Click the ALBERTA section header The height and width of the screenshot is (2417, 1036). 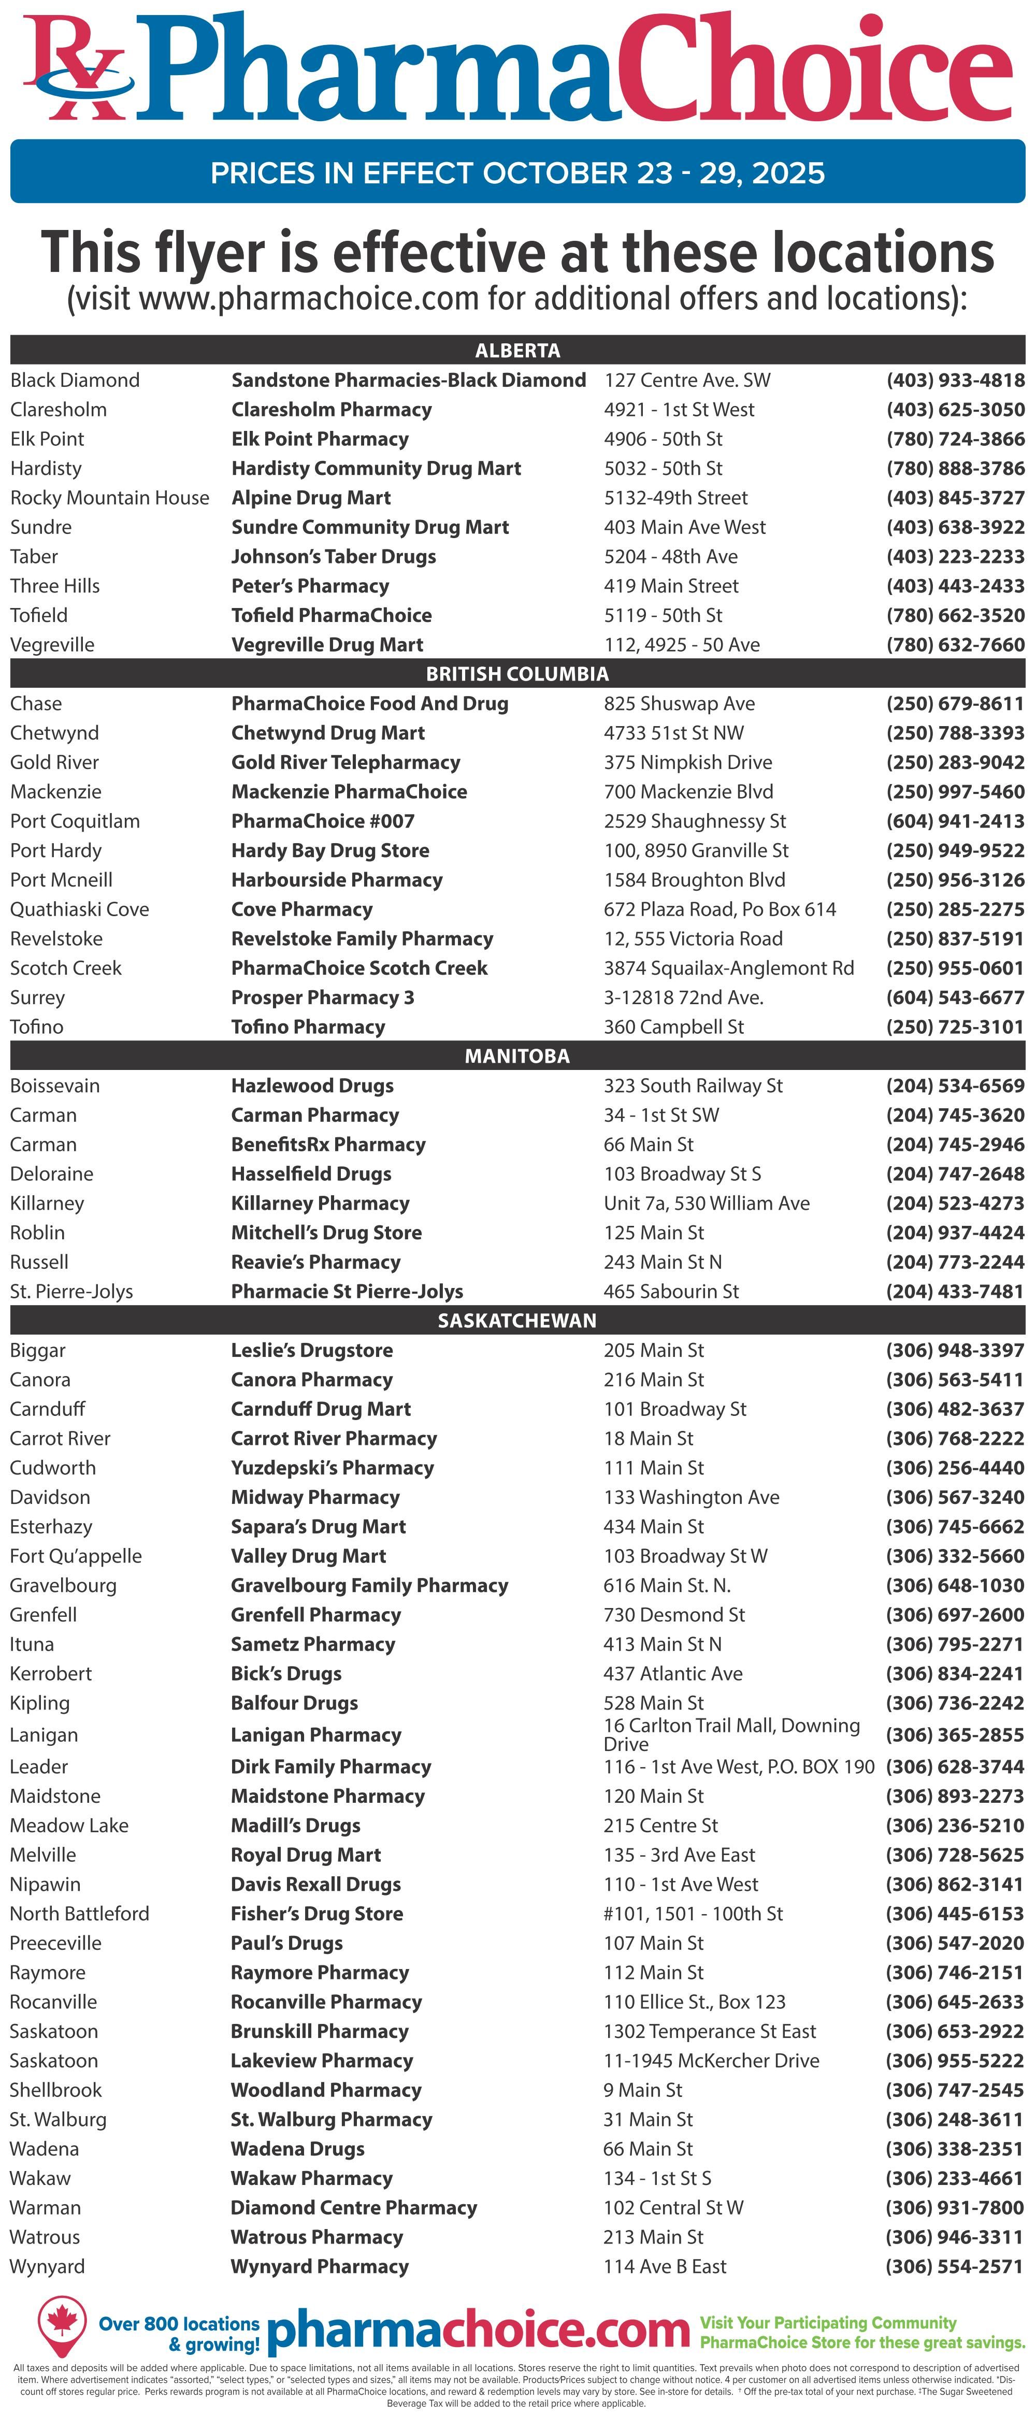pyautogui.click(x=517, y=350)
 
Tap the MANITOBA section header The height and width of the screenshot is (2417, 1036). pyautogui.click(x=517, y=1055)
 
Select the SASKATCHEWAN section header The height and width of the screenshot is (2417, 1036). pyautogui.click(x=517, y=1320)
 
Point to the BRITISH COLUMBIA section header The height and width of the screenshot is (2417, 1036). pyautogui.click(x=517, y=674)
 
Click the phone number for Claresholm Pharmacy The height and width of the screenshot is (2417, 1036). pyautogui.click(x=954, y=409)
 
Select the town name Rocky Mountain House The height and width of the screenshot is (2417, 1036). pyautogui.click(x=110, y=497)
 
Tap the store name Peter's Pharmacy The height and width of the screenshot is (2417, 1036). pyautogui.click(x=310, y=586)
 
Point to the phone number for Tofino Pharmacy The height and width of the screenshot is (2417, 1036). pyautogui.click(x=954, y=1026)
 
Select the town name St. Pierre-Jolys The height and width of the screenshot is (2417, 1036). pyautogui.click(x=71, y=1291)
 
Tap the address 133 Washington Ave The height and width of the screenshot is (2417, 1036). pyautogui.click(x=690, y=1497)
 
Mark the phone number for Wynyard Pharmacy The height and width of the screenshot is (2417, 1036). pyautogui.click(x=954, y=2266)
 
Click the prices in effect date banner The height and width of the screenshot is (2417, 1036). pyautogui.click(x=517, y=172)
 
